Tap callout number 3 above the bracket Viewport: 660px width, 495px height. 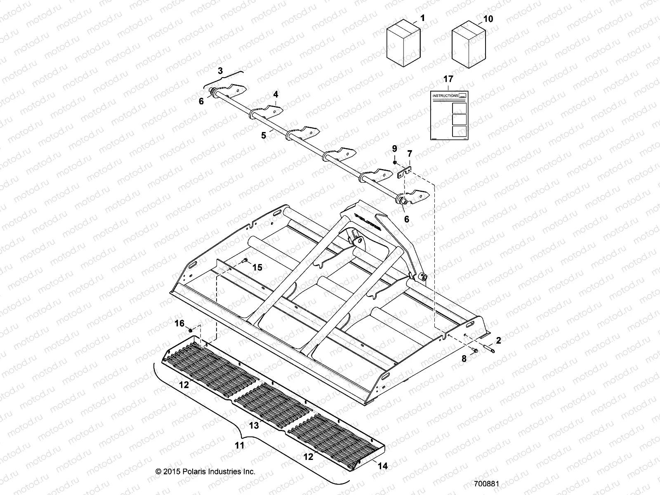(220, 71)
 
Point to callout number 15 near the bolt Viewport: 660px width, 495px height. (257, 268)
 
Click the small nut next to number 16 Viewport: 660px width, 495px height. (191, 331)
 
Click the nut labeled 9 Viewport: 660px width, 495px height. (395, 163)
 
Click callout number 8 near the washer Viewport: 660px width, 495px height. (464, 359)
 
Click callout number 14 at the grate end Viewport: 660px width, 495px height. (383, 466)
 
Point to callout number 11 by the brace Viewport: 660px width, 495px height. (240, 445)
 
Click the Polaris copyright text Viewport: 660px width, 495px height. (205, 471)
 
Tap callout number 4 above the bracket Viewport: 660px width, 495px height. (276, 94)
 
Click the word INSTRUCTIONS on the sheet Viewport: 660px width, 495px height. (445, 96)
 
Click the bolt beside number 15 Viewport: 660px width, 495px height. (245, 260)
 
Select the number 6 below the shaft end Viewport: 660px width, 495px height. (406, 219)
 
